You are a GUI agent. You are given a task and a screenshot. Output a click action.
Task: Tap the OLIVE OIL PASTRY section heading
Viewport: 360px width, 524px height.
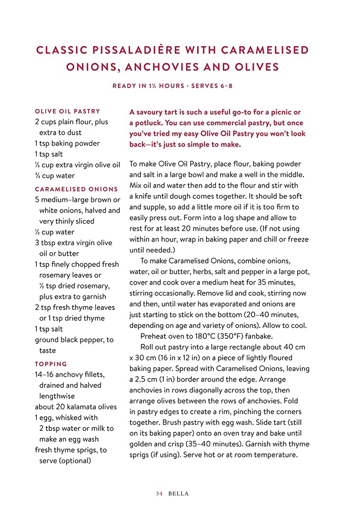tap(67, 112)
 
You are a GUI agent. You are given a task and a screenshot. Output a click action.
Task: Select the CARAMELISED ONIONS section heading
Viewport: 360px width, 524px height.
tap(77, 189)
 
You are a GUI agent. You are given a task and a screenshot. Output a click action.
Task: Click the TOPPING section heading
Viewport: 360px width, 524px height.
tap(51, 364)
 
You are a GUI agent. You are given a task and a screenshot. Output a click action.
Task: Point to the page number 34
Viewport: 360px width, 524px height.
tap(159, 494)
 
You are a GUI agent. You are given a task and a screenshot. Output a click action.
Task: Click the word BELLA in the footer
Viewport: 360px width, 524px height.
tap(179, 494)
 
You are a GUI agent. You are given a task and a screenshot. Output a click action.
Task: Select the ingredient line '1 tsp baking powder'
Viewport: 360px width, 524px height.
tap(67, 144)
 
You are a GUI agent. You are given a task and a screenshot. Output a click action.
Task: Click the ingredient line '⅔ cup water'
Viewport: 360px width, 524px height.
tap(54, 176)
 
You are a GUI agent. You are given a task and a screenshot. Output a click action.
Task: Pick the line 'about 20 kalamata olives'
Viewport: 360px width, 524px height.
tap(75, 407)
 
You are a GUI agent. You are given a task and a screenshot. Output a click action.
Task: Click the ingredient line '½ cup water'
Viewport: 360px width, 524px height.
tap(54, 232)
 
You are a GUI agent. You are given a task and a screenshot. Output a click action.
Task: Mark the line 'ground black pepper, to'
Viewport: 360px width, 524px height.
tap(74, 340)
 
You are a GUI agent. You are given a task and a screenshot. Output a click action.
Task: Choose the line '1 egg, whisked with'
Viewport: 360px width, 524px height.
tap(66, 418)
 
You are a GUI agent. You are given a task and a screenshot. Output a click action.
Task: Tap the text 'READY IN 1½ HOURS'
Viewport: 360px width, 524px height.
tap(148, 86)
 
